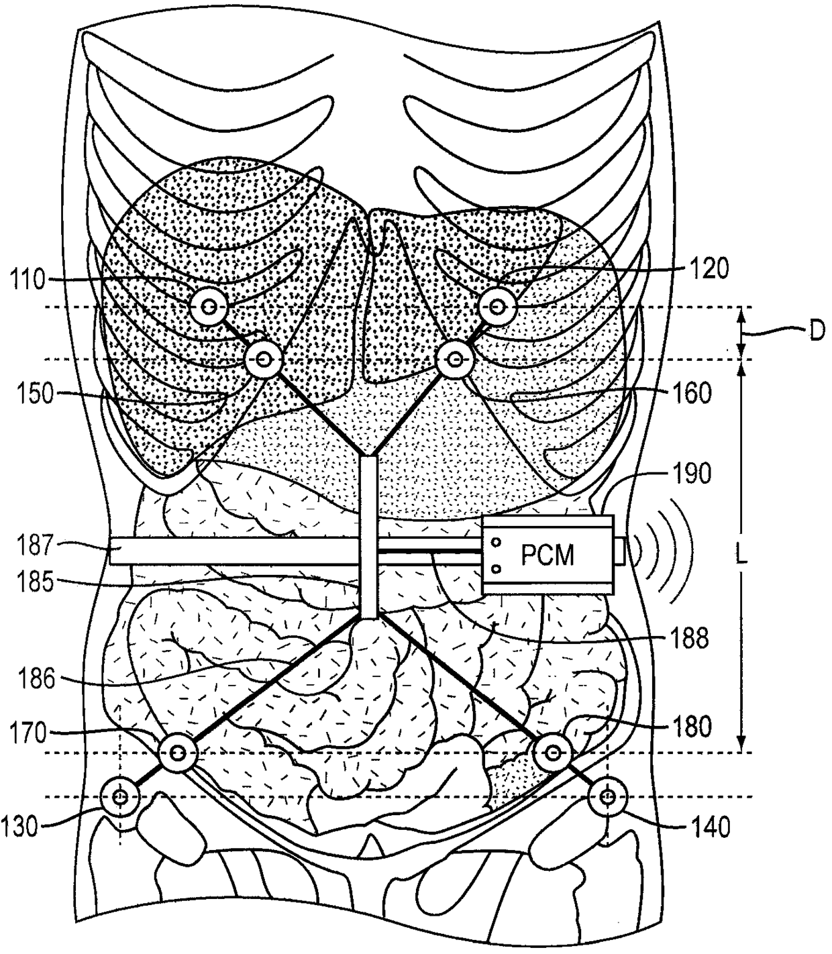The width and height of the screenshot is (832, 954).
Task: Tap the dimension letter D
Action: (x=815, y=331)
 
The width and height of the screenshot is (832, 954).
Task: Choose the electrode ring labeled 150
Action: (x=262, y=360)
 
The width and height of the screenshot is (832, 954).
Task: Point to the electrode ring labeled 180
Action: (x=552, y=753)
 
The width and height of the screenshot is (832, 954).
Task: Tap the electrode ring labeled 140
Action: (x=607, y=797)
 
